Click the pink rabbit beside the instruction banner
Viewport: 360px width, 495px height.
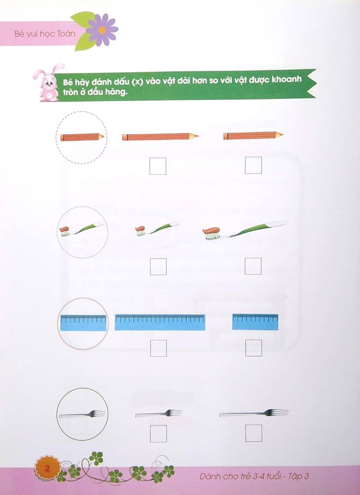coord(48,83)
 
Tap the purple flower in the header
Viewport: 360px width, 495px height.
coord(101,30)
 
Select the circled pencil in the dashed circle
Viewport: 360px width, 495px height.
coord(82,137)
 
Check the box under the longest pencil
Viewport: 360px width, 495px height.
coord(158,166)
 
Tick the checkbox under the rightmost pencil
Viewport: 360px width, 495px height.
coord(253,165)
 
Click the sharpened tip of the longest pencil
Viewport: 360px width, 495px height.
coord(196,136)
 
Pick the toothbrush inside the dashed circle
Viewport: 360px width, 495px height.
coord(81,229)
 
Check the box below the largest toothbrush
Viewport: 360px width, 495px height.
coord(253,266)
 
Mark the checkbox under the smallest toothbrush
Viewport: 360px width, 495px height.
coord(158,267)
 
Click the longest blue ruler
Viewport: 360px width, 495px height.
coord(160,322)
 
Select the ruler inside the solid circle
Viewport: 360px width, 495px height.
coord(83,323)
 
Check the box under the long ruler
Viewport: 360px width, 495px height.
coord(158,348)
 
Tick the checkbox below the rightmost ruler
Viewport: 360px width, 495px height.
coord(254,348)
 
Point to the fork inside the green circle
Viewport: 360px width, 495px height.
coord(82,414)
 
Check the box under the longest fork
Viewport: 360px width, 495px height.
coord(254,433)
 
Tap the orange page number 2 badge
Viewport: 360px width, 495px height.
coord(47,468)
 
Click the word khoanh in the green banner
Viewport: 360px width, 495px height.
coord(287,79)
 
